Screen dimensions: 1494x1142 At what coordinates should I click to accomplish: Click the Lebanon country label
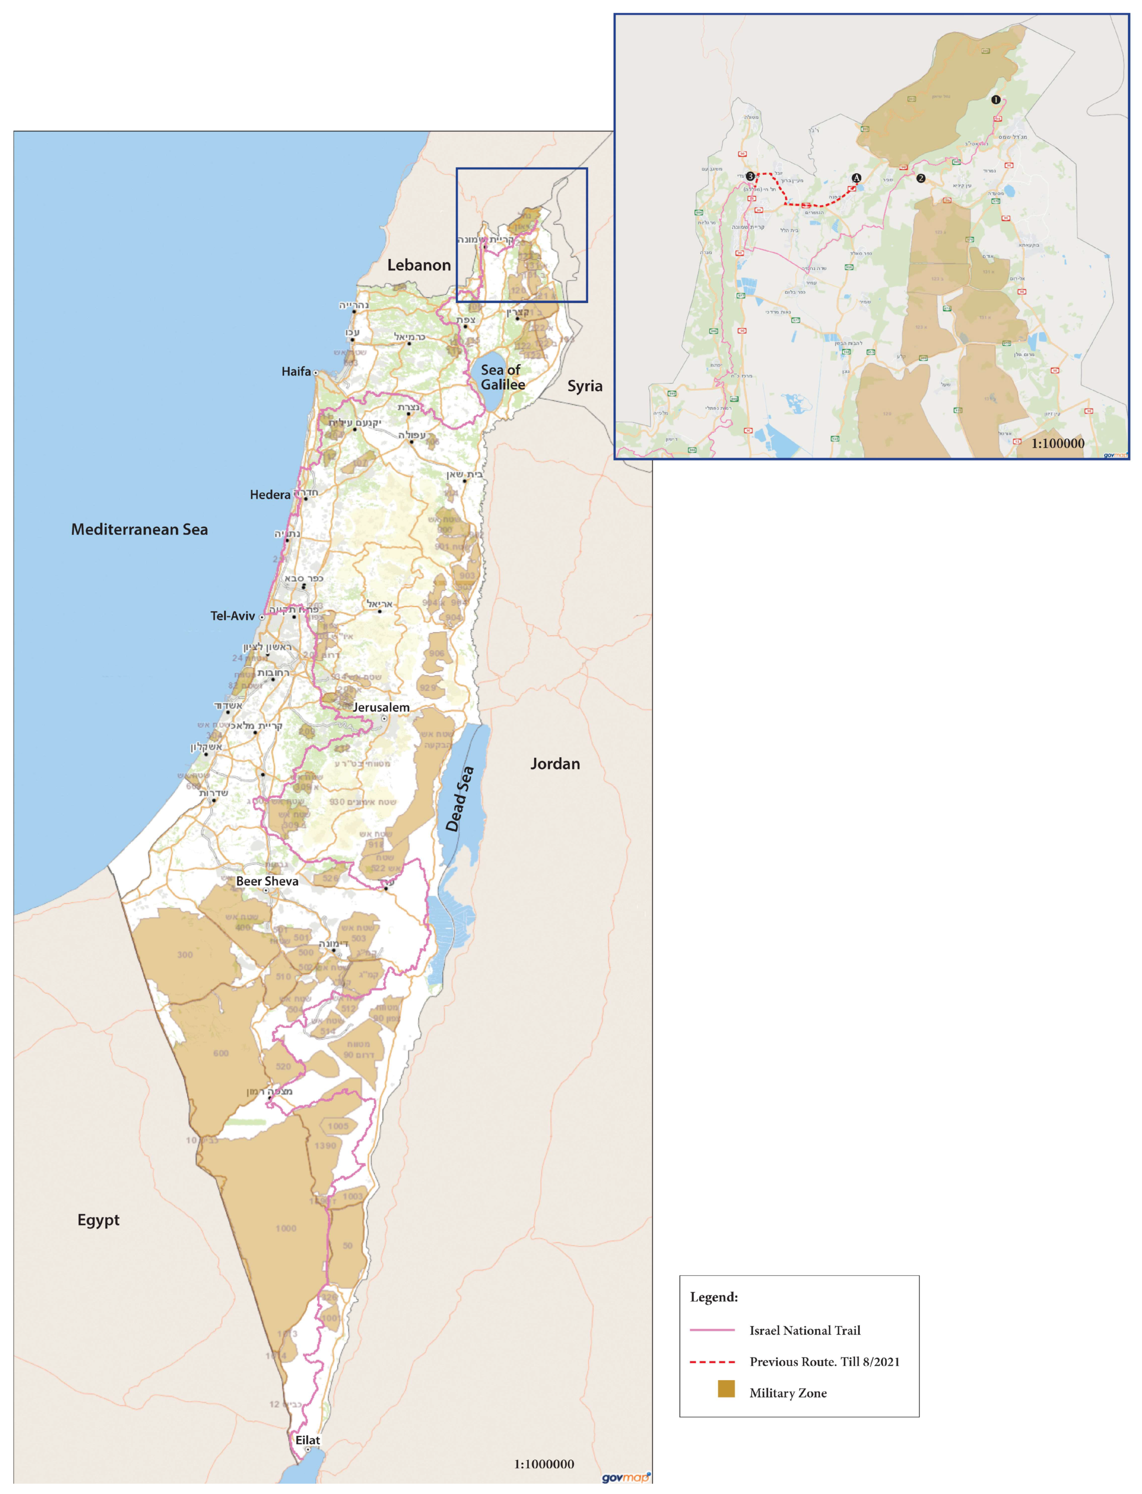click(x=419, y=265)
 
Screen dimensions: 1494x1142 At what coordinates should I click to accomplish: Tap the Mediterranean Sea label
click(x=139, y=529)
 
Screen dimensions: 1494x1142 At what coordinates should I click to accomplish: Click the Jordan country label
click(x=555, y=764)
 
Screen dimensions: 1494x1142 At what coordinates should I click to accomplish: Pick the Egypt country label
click(x=99, y=1219)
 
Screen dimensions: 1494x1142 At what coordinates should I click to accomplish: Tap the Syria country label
click(x=585, y=385)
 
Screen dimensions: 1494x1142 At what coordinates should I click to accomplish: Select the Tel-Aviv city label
click(x=233, y=615)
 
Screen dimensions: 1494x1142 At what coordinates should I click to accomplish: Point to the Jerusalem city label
click(x=381, y=707)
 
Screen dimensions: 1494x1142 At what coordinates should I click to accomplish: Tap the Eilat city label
click(x=307, y=1439)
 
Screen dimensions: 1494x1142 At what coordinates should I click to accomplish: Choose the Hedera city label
click(x=270, y=494)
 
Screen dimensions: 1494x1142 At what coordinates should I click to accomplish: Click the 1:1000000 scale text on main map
click(x=544, y=1463)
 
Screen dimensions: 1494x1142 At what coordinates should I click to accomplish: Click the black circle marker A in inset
click(x=856, y=177)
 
